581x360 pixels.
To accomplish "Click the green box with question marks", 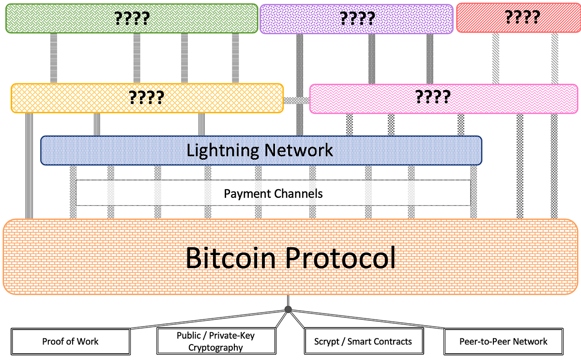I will [131, 18].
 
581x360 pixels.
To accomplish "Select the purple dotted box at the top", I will [356, 18].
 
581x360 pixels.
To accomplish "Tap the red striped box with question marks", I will [518, 17].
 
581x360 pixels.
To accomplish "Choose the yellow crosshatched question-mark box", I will [147, 98].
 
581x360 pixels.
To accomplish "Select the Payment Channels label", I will [273, 194].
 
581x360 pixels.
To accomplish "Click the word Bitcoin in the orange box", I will [229, 257].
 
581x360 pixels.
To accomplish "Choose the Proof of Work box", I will [70, 341].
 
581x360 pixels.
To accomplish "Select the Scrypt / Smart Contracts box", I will [363, 341].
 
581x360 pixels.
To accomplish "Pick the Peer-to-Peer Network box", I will [504, 341].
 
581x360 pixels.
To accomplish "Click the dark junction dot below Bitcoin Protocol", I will [288, 309].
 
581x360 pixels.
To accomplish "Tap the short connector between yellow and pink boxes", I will [296, 100].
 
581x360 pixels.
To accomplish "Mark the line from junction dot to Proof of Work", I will [208, 319].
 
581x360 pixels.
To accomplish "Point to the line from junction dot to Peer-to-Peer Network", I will [368, 319].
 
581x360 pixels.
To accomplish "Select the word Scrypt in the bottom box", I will [326, 341].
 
